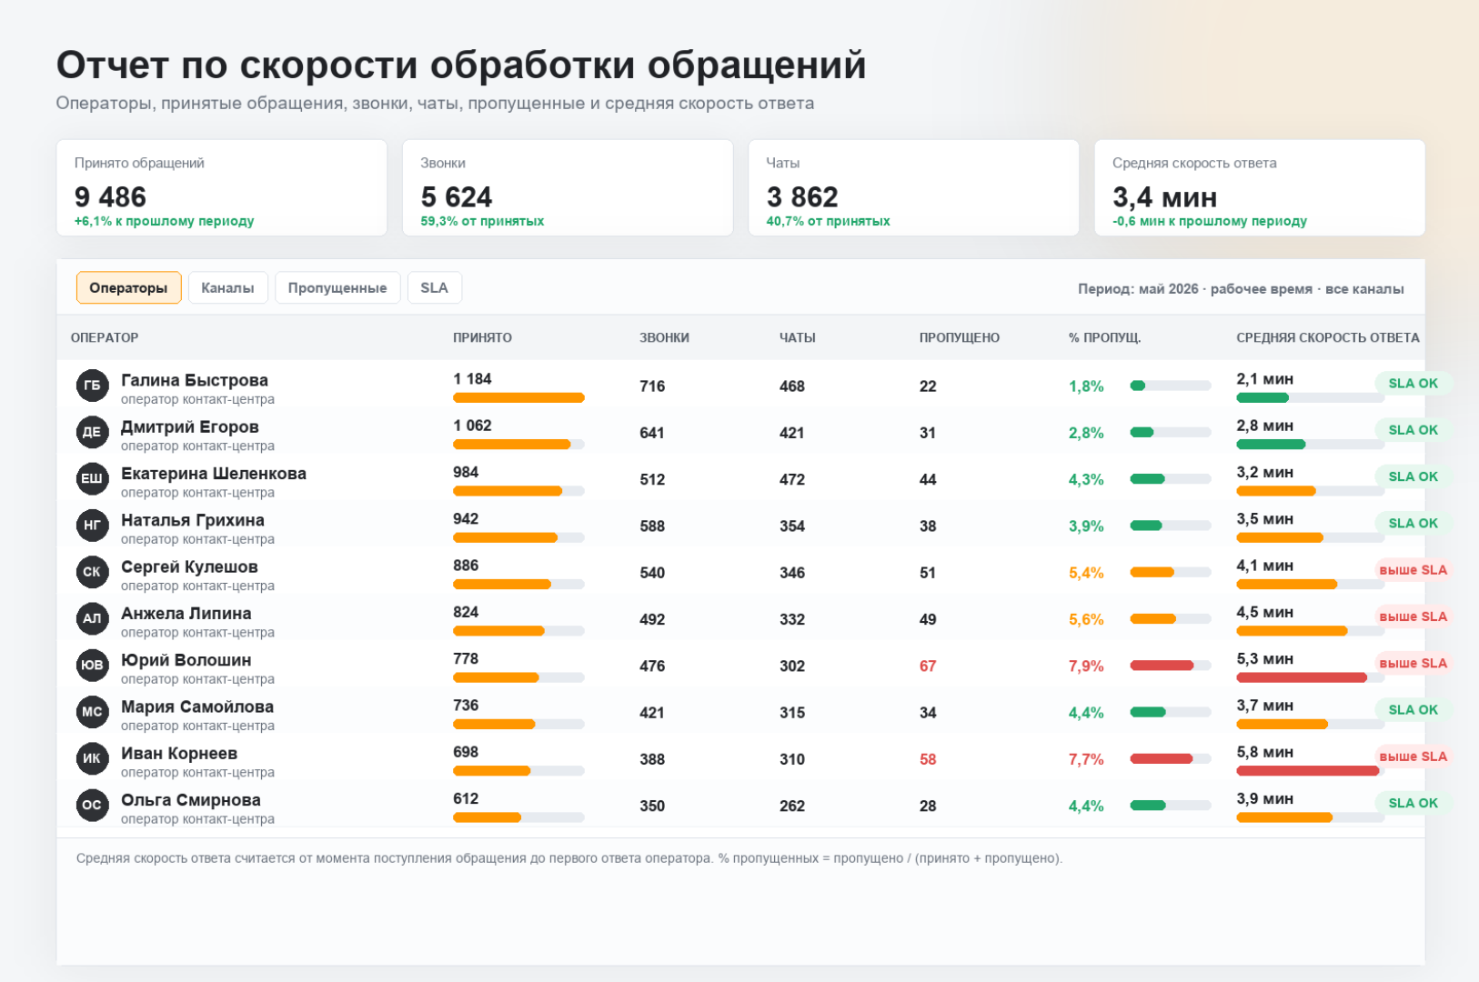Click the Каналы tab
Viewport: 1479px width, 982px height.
tap(227, 287)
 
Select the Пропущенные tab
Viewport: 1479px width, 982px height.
tap(337, 287)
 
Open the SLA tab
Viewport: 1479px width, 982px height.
tap(435, 287)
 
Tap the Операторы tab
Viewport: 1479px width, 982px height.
tap(129, 287)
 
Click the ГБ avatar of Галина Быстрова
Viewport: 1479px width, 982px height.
tap(93, 386)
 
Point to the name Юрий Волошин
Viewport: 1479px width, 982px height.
tap(186, 660)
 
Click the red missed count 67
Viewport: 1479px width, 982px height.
tap(928, 666)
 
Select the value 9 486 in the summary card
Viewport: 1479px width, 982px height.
tap(110, 196)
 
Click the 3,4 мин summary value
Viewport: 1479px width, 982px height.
tap(1164, 196)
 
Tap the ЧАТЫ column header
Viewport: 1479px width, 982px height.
tap(797, 338)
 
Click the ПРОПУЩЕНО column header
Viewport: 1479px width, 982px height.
tap(960, 338)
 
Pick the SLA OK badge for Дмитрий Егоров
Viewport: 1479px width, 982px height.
tap(1413, 429)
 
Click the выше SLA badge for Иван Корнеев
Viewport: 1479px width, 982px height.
tap(1413, 757)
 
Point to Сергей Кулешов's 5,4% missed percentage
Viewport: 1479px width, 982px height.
tap(1086, 573)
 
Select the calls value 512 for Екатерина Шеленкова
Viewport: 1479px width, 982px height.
tap(652, 480)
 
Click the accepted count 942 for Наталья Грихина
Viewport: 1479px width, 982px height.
tap(466, 518)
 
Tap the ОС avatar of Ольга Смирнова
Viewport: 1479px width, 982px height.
tap(93, 805)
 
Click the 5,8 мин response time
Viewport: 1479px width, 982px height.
tap(1265, 752)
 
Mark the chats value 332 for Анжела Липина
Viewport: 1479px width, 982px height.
tap(791, 620)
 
